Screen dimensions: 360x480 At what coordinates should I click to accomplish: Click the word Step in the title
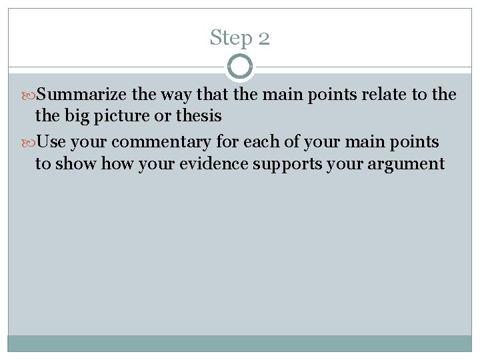coord(229,37)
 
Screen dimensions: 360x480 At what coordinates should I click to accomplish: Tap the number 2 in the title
coord(263,38)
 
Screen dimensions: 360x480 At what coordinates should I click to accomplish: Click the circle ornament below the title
coord(240,67)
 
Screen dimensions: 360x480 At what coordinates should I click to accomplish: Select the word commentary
coord(153,142)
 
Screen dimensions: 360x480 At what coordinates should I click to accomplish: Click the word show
coord(77,163)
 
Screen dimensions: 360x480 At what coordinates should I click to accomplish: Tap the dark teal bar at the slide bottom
coord(240,343)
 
